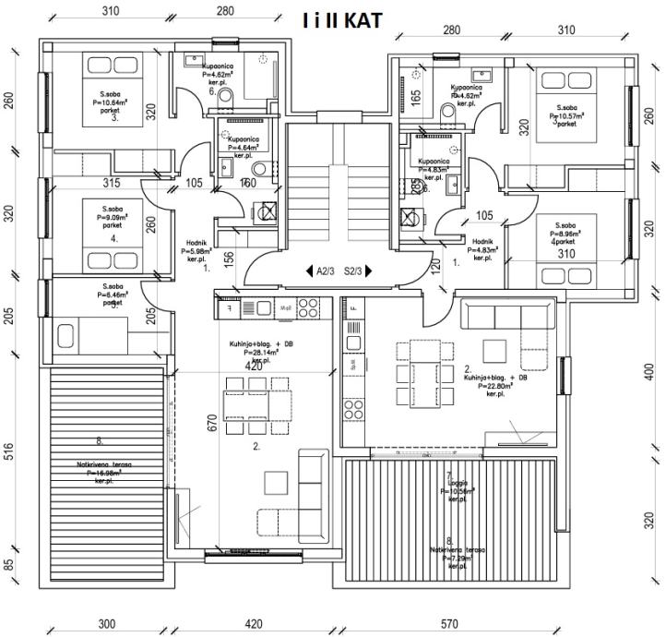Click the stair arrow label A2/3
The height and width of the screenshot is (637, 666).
point(324,271)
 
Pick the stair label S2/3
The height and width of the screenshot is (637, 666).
point(351,271)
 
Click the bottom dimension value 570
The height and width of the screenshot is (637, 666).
point(449,624)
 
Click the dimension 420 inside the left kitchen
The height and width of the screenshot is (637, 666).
point(255,367)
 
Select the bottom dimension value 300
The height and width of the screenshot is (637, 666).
point(107,624)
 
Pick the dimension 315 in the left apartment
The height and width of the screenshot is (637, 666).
point(112,183)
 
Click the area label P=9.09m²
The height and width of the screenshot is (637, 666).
point(114,220)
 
